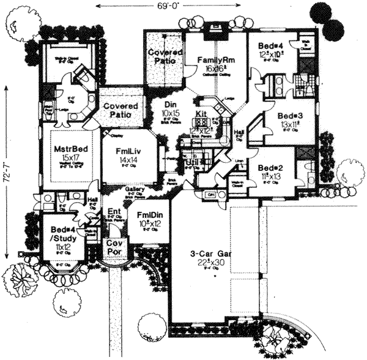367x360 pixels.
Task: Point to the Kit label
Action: (x=202, y=114)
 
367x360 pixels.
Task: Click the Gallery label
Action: (x=136, y=190)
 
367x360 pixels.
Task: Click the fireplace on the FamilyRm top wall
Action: (x=215, y=28)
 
